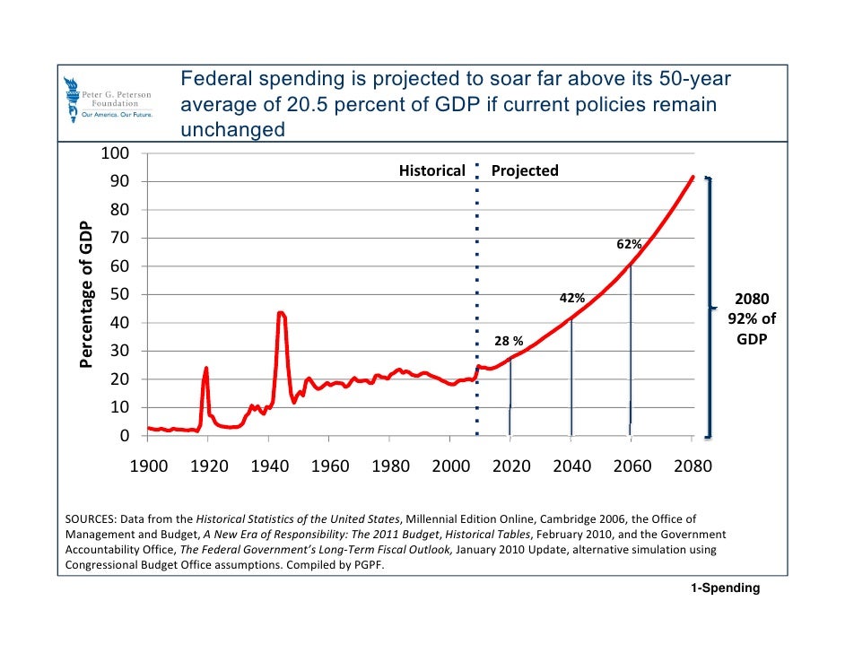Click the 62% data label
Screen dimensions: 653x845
tap(628, 244)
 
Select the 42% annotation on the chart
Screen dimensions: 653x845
tap(572, 298)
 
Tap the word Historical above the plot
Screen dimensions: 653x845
tap(431, 170)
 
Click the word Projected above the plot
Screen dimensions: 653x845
tap(525, 170)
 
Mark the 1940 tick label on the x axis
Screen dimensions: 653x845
tap(268, 466)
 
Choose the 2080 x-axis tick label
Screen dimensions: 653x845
tap(692, 466)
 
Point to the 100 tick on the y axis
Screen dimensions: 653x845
tap(114, 153)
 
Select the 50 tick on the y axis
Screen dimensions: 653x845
tap(118, 294)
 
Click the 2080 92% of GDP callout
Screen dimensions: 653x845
tap(752, 320)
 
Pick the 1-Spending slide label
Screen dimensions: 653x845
tap(725, 588)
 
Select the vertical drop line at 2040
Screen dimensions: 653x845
tap(571, 377)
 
